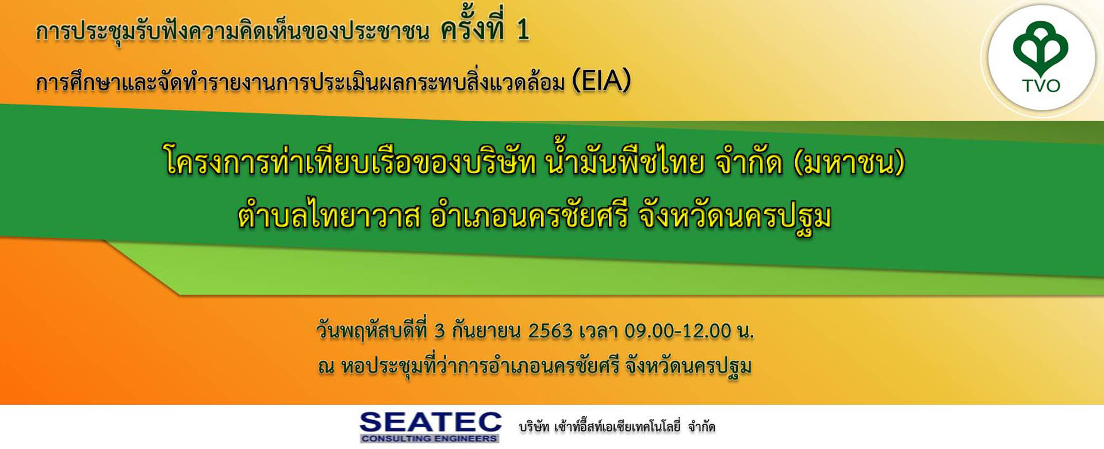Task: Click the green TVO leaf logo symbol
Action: click(x=1041, y=50)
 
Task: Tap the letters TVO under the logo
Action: click(x=1041, y=86)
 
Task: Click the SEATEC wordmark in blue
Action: click(x=431, y=422)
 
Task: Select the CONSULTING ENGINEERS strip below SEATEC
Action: click(x=430, y=439)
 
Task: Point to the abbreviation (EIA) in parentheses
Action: click(x=601, y=81)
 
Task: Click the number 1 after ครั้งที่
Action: click(x=523, y=30)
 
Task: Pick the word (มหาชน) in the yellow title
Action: click(x=849, y=163)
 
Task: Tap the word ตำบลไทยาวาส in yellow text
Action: click(x=329, y=217)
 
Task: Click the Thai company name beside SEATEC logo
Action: click(x=617, y=427)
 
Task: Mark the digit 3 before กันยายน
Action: click(x=440, y=331)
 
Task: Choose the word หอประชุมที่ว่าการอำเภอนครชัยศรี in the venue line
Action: click(x=480, y=366)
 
